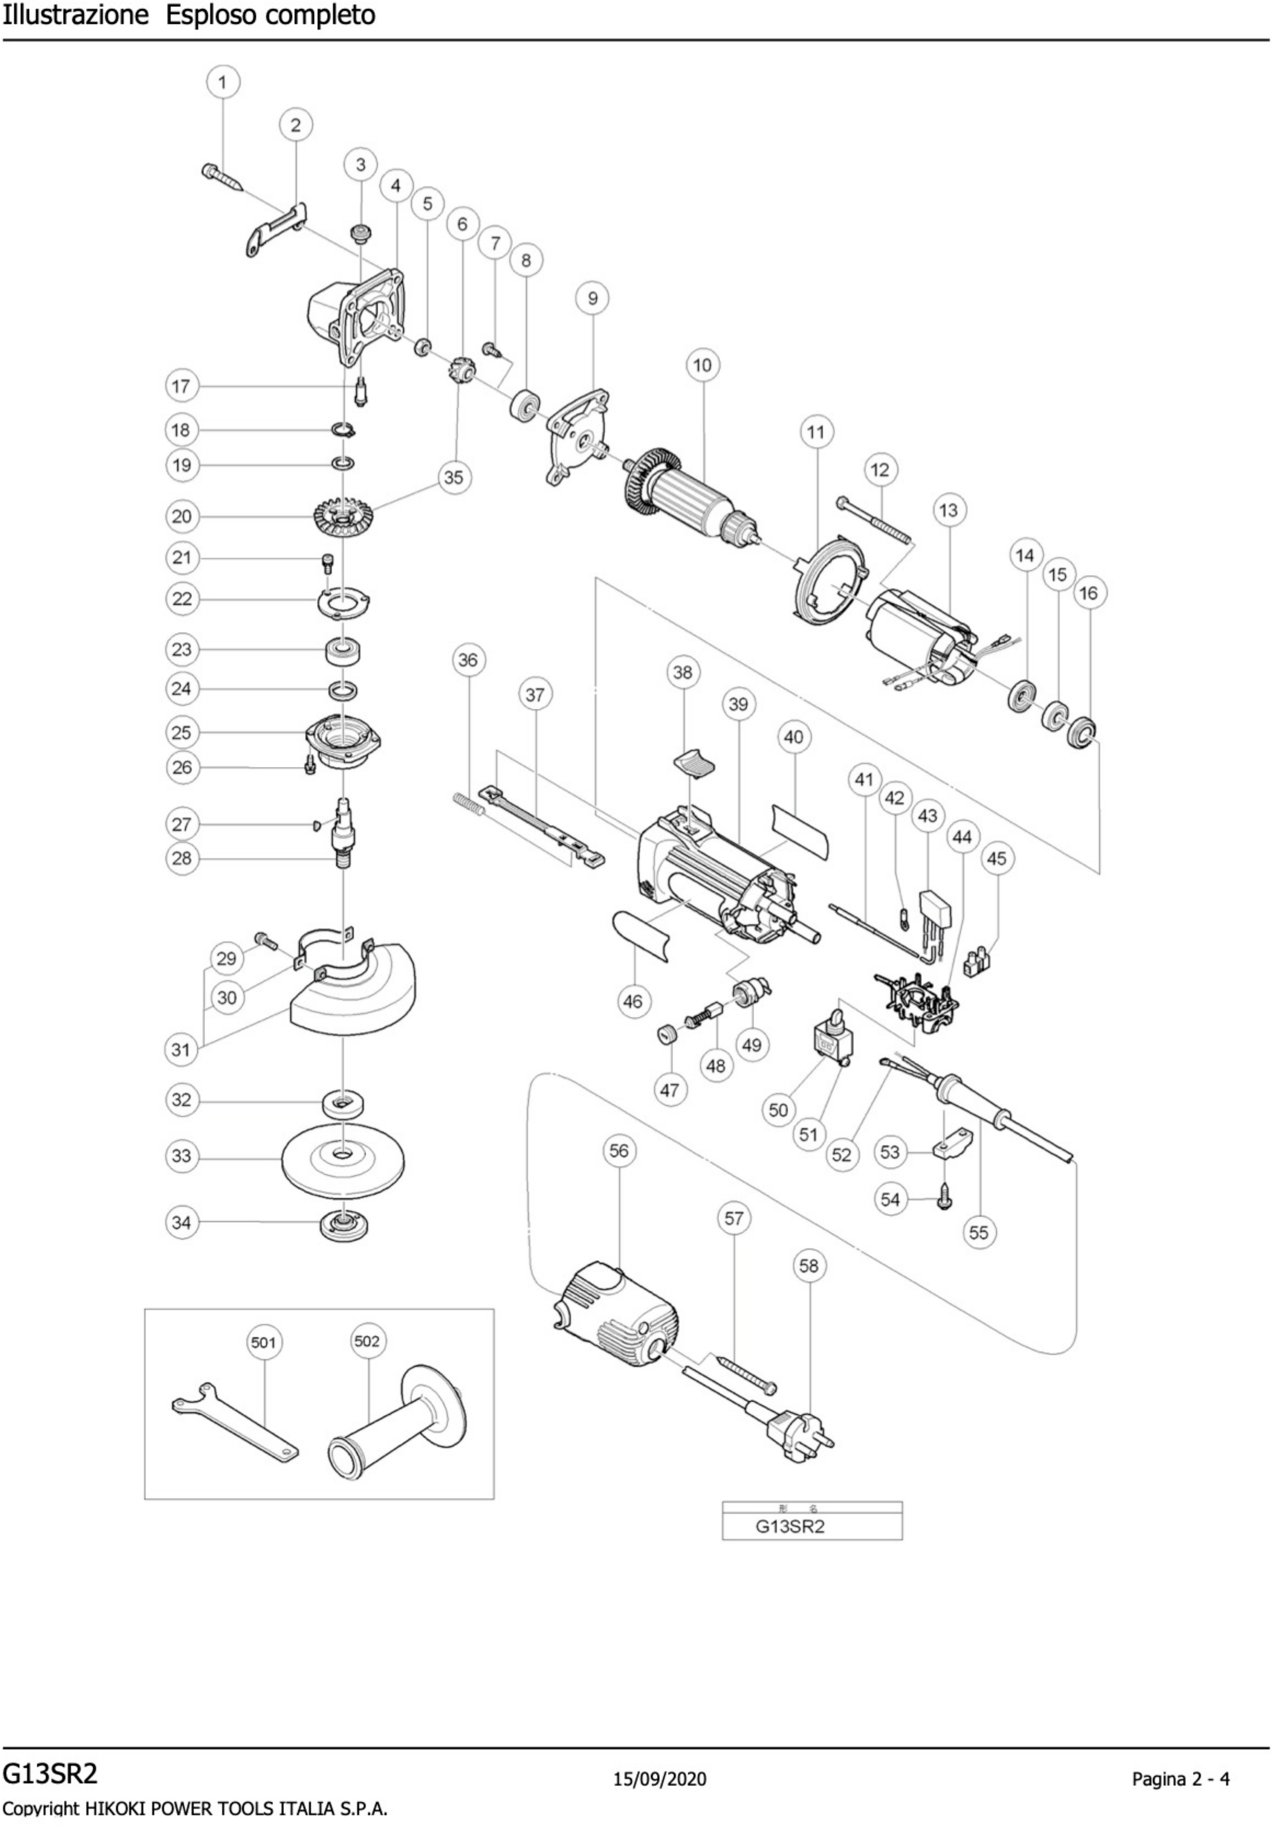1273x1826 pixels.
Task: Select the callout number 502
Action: pyautogui.click(x=367, y=1341)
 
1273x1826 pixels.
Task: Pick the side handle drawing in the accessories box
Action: pyautogui.click(x=398, y=1423)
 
